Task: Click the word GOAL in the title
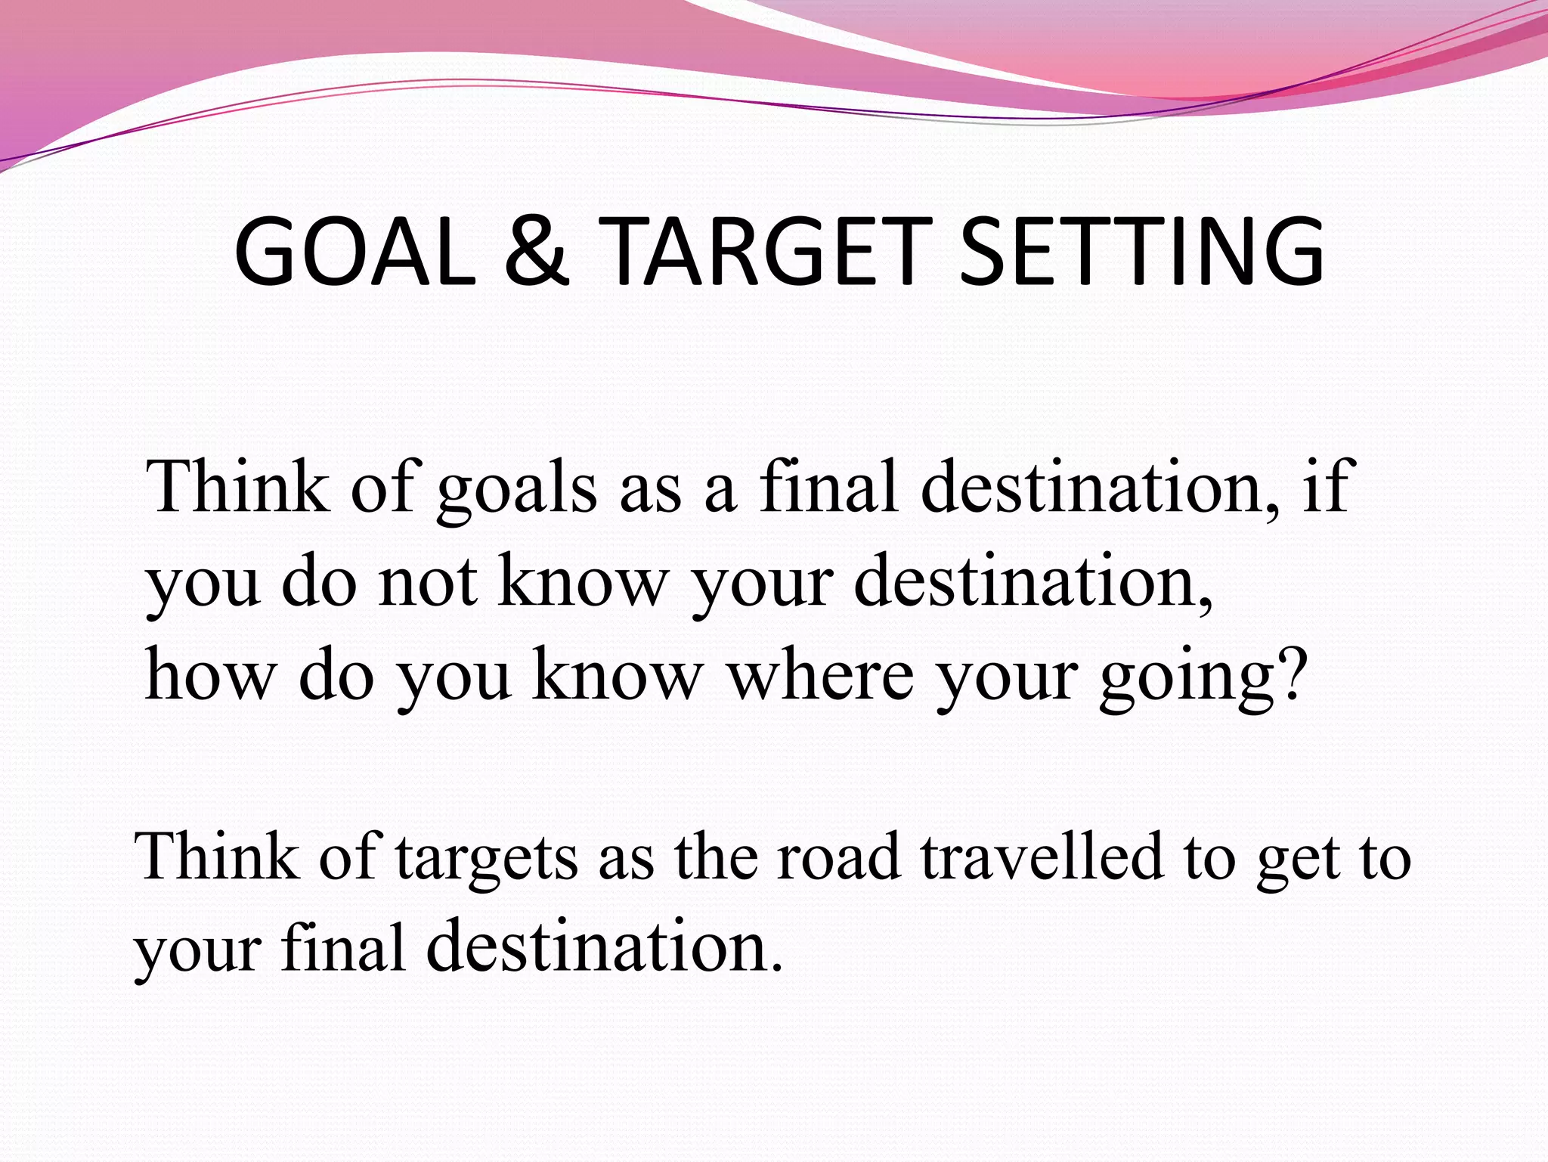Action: point(355,252)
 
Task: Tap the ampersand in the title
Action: point(535,252)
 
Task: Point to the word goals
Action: point(518,490)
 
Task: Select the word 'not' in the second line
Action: point(428,582)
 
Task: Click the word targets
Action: point(487,859)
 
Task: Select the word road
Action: point(839,857)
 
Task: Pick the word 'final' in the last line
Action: point(343,948)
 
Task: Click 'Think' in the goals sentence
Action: point(239,487)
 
